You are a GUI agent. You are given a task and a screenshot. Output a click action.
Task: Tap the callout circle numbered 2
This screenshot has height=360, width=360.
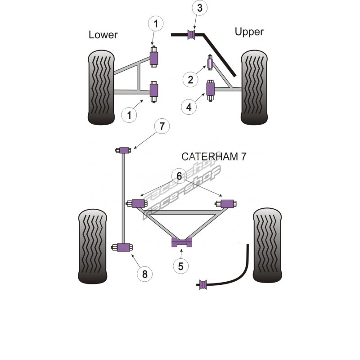tap(190, 80)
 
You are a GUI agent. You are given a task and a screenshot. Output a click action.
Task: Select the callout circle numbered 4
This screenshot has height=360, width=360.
tap(189, 107)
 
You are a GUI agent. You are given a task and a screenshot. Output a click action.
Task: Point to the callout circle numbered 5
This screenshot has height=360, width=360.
tap(180, 266)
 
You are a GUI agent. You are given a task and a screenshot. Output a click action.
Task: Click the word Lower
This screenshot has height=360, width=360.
tap(103, 35)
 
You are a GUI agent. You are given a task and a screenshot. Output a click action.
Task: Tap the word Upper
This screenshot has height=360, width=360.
tap(249, 31)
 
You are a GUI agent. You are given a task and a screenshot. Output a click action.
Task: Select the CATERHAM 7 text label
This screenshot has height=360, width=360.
tap(214, 157)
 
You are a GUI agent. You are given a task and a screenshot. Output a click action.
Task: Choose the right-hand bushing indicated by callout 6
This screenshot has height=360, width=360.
tap(229, 203)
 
